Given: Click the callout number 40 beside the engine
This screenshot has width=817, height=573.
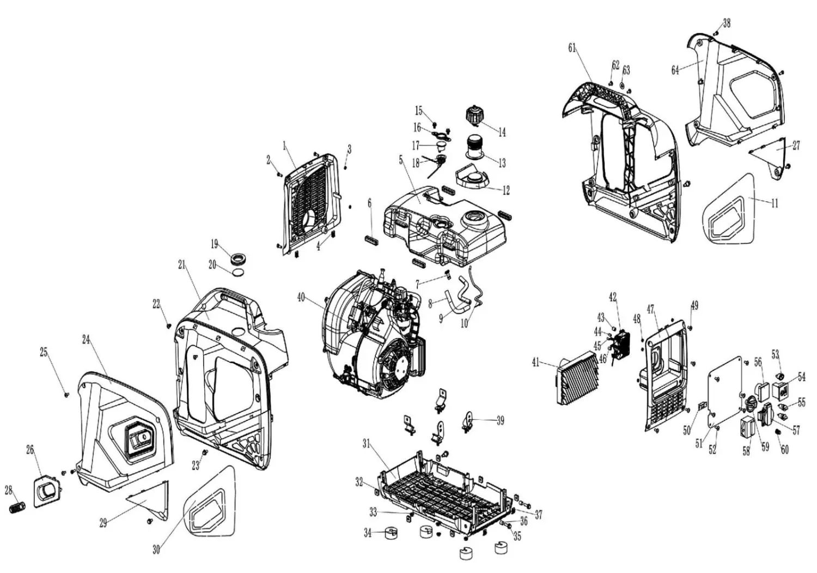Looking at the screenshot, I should pos(301,297).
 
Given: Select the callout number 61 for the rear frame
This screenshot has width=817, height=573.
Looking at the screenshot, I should pos(572,48).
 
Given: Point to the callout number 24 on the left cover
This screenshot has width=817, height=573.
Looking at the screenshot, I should pos(86,339).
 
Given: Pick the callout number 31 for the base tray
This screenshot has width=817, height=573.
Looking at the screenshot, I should pos(366,444).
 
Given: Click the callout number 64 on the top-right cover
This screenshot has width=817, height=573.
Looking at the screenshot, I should pos(675,70).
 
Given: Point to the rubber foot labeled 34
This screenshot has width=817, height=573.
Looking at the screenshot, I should pos(389,532).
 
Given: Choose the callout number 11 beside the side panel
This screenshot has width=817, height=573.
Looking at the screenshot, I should pos(774,203).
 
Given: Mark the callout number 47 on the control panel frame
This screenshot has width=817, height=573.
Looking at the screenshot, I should pos(650,309).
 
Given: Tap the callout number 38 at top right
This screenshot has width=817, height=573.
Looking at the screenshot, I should pos(727,23).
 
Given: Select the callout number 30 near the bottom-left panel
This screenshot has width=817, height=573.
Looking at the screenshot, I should pos(156,550).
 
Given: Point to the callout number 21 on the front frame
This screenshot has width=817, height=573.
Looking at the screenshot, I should pos(181,264).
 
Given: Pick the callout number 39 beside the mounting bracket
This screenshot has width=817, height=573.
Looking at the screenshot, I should pos(500,420).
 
